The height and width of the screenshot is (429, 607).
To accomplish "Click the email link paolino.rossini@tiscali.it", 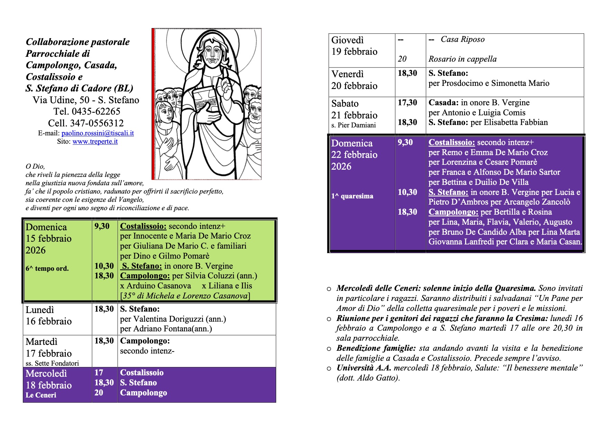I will pyautogui.click(x=98, y=133).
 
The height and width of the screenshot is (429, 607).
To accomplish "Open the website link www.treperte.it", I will pyautogui.click(x=95, y=142).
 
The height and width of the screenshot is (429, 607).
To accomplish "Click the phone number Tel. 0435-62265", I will pyautogui.click(x=87, y=111).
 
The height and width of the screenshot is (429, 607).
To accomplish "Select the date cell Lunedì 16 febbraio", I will pyautogui.click(x=49, y=315).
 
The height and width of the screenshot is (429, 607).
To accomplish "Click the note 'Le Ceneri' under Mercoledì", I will pyautogui.click(x=41, y=395).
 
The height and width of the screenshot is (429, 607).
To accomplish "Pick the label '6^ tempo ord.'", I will pyautogui.click(x=47, y=268).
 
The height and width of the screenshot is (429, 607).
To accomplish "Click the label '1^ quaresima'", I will pyautogui.click(x=352, y=196).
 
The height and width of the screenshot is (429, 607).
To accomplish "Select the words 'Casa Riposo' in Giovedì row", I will pyautogui.click(x=463, y=39).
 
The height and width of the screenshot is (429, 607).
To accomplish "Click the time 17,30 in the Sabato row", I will pyautogui.click(x=407, y=102).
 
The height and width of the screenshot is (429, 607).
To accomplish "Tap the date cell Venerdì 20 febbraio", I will pyautogui.click(x=354, y=80).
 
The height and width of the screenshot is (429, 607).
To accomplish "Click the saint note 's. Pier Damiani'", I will pyautogui.click(x=353, y=125).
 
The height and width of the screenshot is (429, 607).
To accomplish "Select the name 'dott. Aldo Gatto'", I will pyautogui.click(x=368, y=378).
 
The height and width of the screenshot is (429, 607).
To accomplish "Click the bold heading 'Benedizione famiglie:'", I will pyautogui.click(x=376, y=348).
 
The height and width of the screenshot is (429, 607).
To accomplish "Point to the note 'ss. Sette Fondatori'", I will pyautogui.click(x=52, y=363).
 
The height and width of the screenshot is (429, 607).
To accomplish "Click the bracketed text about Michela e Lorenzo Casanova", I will pyautogui.click(x=185, y=296).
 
